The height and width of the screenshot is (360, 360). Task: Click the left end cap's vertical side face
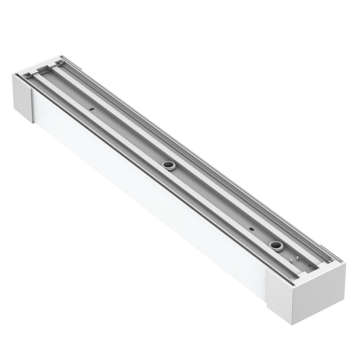pyautogui.click(x=23, y=95)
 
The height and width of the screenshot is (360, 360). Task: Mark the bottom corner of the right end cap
pyautogui.click(x=293, y=323)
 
